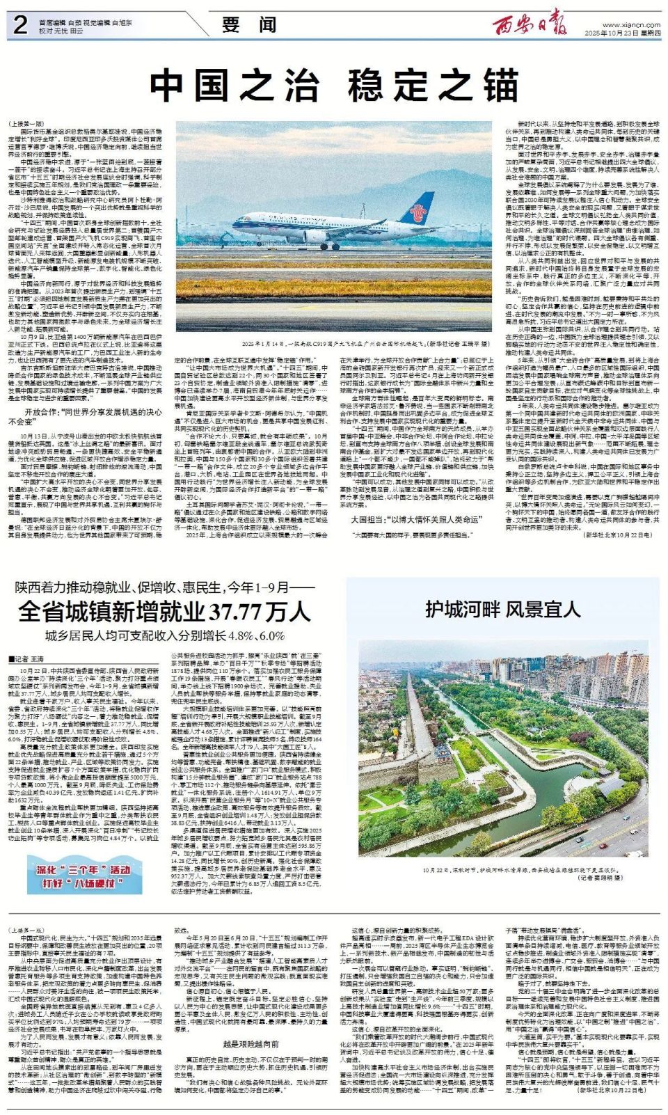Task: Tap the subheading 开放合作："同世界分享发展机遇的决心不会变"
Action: pyautogui.click(x=86, y=416)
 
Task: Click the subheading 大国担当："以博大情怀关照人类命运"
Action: pyautogui.click(x=415, y=519)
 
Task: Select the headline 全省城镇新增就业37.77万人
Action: pyautogui.click(x=164, y=611)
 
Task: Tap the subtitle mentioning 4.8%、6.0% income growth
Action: pyautogui.click(x=165, y=635)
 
